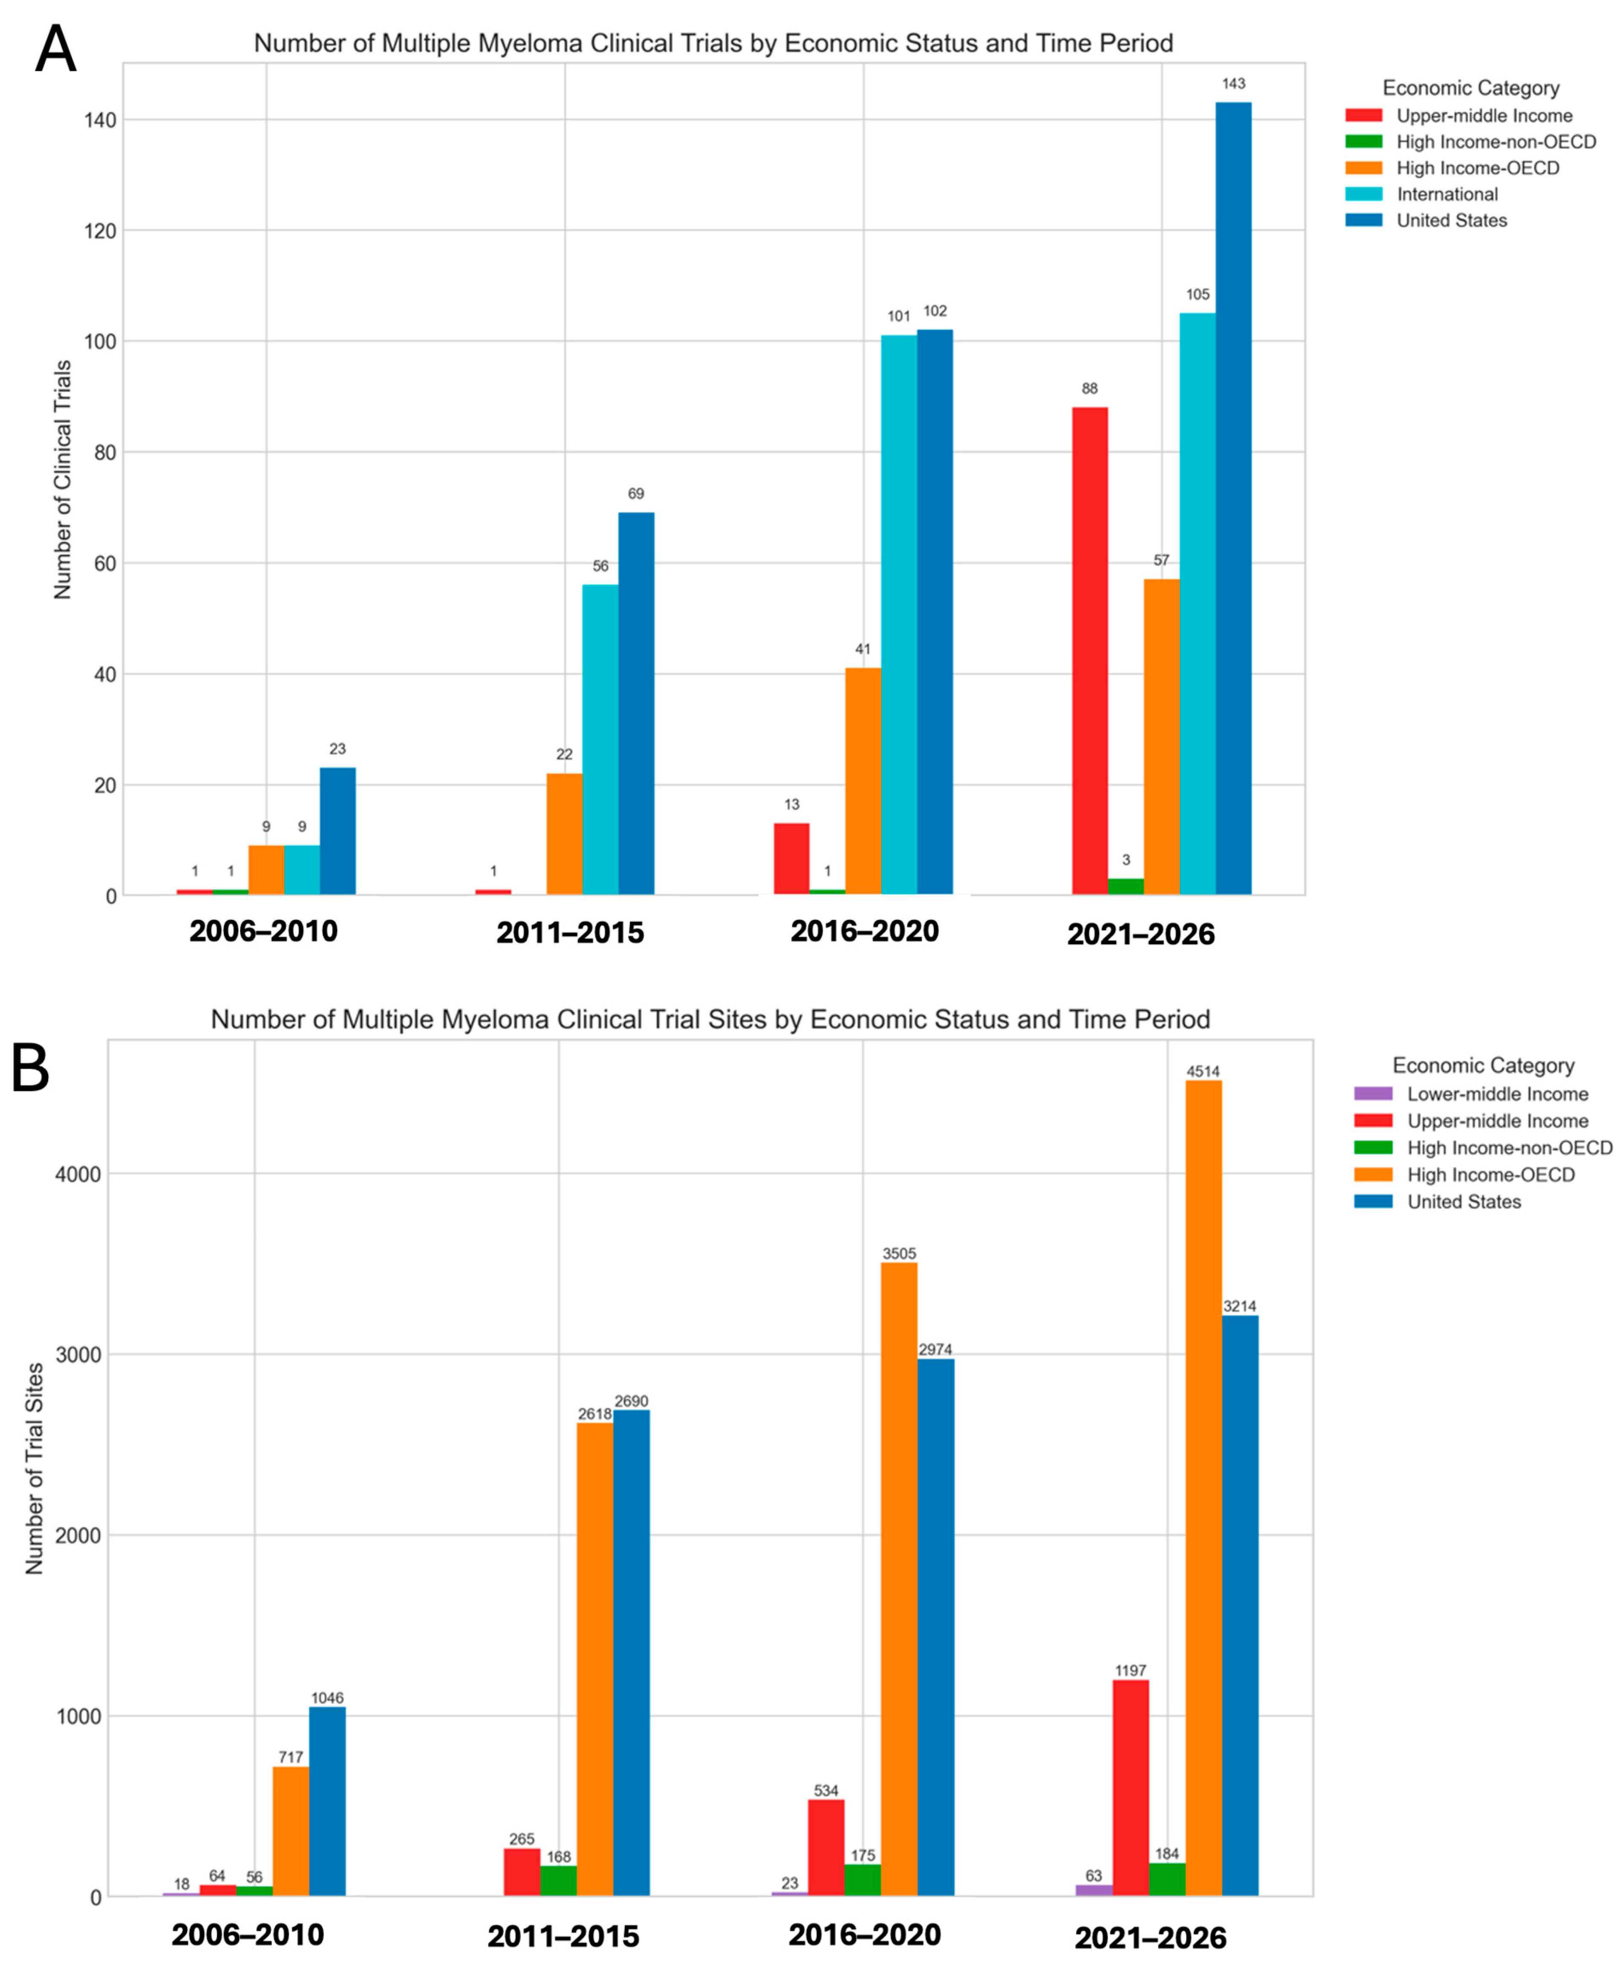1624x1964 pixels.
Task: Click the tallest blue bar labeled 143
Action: click(x=1233, y=499)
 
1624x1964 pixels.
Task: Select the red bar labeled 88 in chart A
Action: click(x=1089, y=651)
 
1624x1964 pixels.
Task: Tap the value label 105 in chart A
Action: click(x=1198, y=295)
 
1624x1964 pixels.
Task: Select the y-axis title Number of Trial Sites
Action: click(x=35, y=1468)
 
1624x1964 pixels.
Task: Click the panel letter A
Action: click(x=55, y=49)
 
